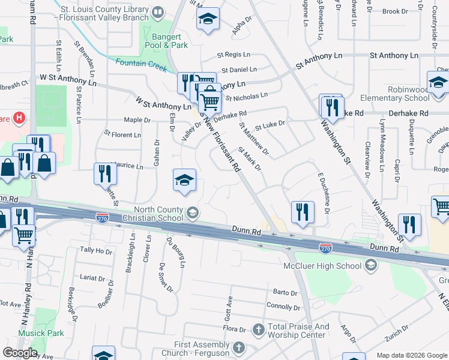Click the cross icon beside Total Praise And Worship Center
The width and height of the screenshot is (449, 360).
pos(258,329)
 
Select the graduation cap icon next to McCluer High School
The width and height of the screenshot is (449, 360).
pos(370,265)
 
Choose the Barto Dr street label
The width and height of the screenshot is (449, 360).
pos(285,293)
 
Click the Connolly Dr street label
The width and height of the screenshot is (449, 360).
pos(283,307)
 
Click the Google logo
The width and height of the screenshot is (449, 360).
pos(19,353)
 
